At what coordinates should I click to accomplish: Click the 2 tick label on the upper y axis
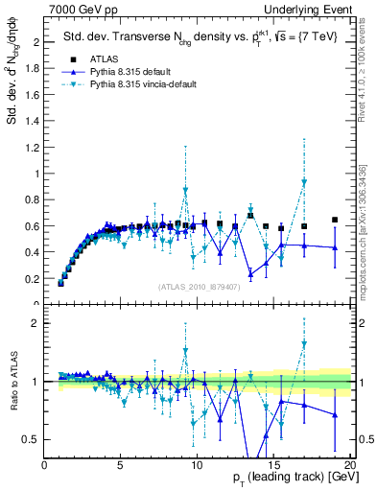point(37,42)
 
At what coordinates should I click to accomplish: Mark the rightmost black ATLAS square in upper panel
point(335,220)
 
